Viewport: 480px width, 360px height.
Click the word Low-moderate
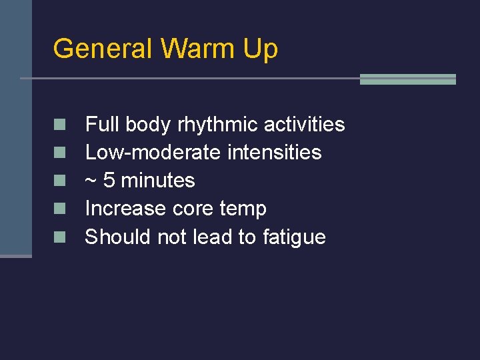(154, 153)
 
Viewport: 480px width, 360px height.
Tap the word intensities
(275, 153)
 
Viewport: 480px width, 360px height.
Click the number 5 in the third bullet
(109, 181)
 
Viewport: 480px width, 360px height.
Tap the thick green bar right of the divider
(407, 79)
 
